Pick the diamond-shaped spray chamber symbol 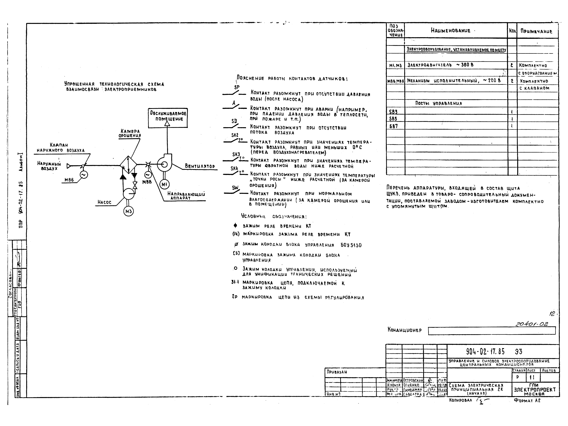point(128,164)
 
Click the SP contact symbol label point(237,87)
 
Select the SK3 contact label point(236,154)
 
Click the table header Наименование point(451,31)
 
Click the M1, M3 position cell point(395,65)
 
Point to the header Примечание point(536,31)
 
